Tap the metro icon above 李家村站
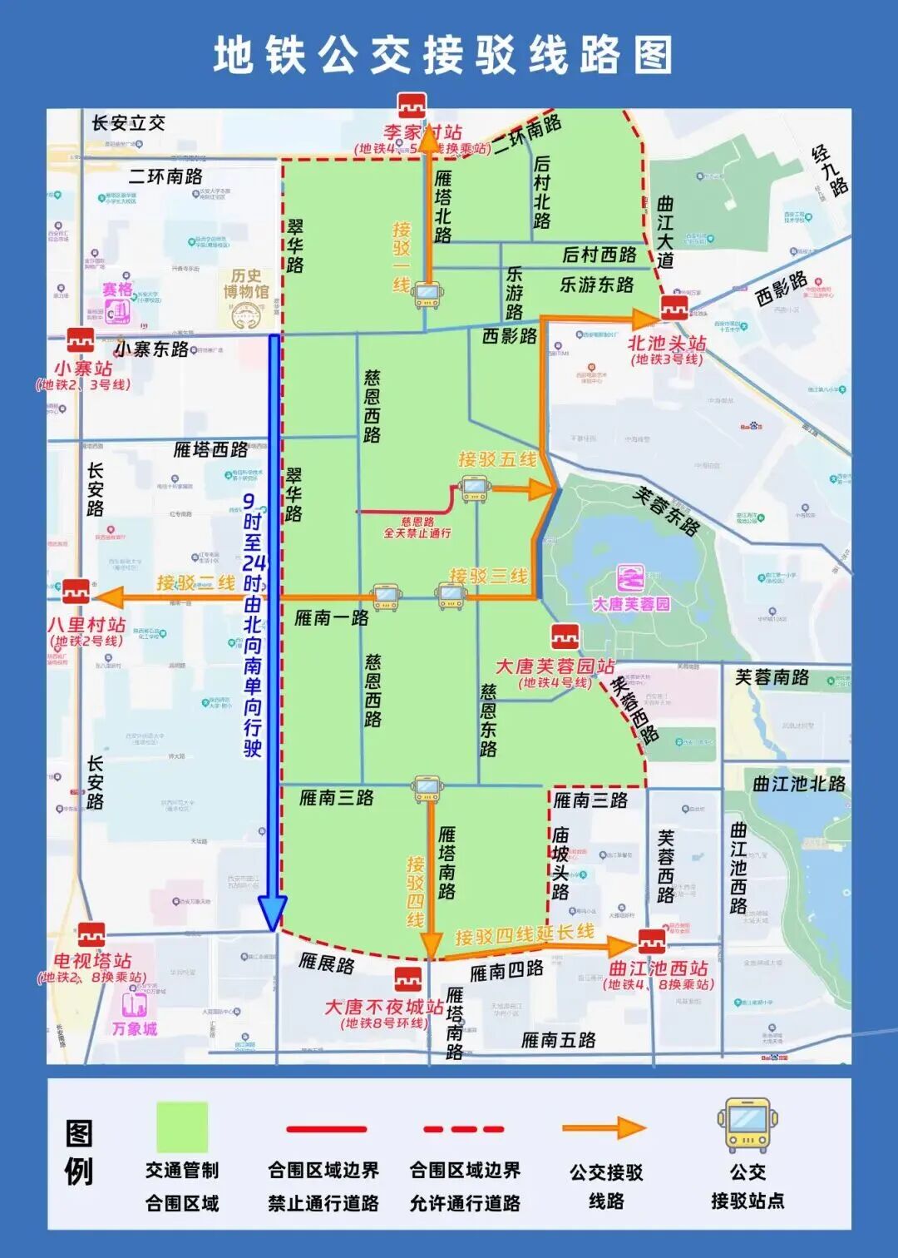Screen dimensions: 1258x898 (x=412, y=106)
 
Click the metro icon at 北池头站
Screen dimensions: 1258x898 (x=674, y=308)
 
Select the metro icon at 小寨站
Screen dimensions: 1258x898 (x=81, y=340)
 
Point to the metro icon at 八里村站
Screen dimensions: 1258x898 (x=76, y=591)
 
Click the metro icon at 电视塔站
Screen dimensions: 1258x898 (x=91, y=934)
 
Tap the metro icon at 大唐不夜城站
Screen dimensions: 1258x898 (x=407, y=979)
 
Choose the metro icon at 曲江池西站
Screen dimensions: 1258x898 (x=652, y=942)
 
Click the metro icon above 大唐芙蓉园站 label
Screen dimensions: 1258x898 (x=565, y=637)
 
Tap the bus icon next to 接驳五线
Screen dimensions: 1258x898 (x=474, y=488)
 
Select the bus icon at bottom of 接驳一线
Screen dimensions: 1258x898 (x=427, y=295)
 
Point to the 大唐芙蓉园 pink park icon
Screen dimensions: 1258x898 (x=631, y=578)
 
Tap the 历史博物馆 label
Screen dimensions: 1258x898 (x=246, y=284)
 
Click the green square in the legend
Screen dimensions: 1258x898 (x=182, y=1127)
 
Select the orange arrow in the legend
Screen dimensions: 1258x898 (x=604, y=1128)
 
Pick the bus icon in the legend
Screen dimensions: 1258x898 (x=747, y=1125)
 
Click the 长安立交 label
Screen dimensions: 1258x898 (x=128, y=124)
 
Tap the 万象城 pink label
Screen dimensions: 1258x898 (x=135, y=1029)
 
